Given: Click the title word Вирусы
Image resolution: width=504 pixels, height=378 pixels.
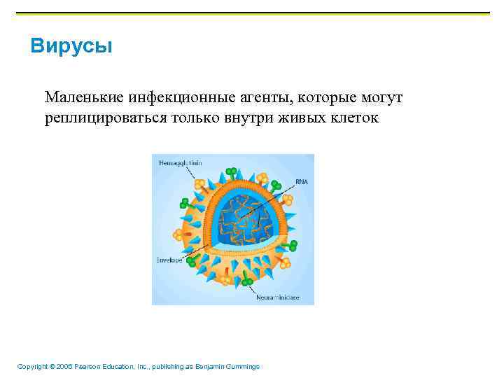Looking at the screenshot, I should pyautogui.click(x=71, y=47).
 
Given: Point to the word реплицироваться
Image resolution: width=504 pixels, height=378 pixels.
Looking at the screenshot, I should pyautogui.click(x=105, y=117).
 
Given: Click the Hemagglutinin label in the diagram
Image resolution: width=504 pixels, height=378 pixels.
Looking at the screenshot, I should pyautogui.click(x=180, y=162).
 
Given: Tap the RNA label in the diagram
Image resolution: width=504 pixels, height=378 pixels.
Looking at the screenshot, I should pyautogui.click(x=301, y=181).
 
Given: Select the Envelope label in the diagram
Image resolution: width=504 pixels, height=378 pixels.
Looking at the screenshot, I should pyautogui.click(x=169, y=260).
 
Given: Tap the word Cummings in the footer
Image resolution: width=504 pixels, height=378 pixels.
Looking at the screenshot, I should pyautogui.click(x=241, y=367).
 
